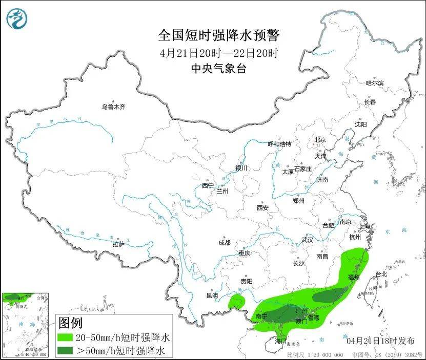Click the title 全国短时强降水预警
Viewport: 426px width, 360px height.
click(x=219, y=35)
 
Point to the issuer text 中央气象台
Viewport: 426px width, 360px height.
click(x=218, y=69)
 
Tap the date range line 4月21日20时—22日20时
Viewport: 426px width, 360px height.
click(x=219, y=53)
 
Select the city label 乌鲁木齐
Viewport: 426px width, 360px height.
click(x=113, y=107)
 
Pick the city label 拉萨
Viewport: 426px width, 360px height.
click(x=118, y=244)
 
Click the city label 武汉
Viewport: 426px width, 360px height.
click(x=307, y=240)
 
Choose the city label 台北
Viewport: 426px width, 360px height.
click(x=381, y=274)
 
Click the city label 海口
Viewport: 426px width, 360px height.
click(x=279, y=341)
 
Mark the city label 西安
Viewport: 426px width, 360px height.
click(x=262, y=208)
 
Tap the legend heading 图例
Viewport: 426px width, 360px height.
click(x=70, y=323)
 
